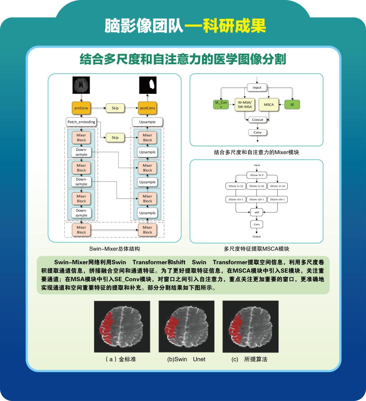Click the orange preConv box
81,108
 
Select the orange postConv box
147,108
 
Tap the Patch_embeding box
81,122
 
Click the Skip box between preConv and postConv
115,108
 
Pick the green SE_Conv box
221,104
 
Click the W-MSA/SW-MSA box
245,104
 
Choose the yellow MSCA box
268,104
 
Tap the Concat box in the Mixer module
257,120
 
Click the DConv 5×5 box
256,175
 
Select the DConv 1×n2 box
257,186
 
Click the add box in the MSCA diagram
256,212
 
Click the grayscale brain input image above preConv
81,85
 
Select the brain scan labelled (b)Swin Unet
187,327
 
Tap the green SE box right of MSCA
292,104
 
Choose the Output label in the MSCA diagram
256,236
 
